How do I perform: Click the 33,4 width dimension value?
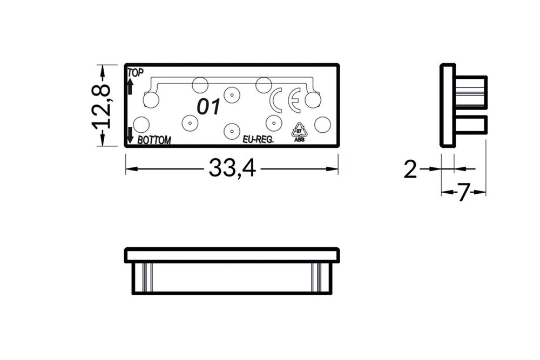(x=232, y=169)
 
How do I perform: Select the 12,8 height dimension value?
(x=101, y=106)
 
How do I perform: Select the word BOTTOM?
(x=154, y=140)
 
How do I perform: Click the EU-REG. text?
(x=258, y=139)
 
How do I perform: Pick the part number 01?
(x=208, y=107)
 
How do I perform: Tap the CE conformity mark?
(x=286, y=99)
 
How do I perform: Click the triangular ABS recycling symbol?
(x=299, y=132)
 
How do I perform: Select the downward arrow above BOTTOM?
(x=130, y=135)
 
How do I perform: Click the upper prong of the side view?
(x=471, y=92)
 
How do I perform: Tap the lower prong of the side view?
(x=471, y=125)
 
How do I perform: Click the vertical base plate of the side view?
(x=448, y=105)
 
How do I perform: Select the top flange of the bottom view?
(x=232, y=255)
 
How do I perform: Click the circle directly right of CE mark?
(x=313, y=100)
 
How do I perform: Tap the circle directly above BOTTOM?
(x=141, y=125)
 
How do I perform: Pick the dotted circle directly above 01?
(x=232, y=95)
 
